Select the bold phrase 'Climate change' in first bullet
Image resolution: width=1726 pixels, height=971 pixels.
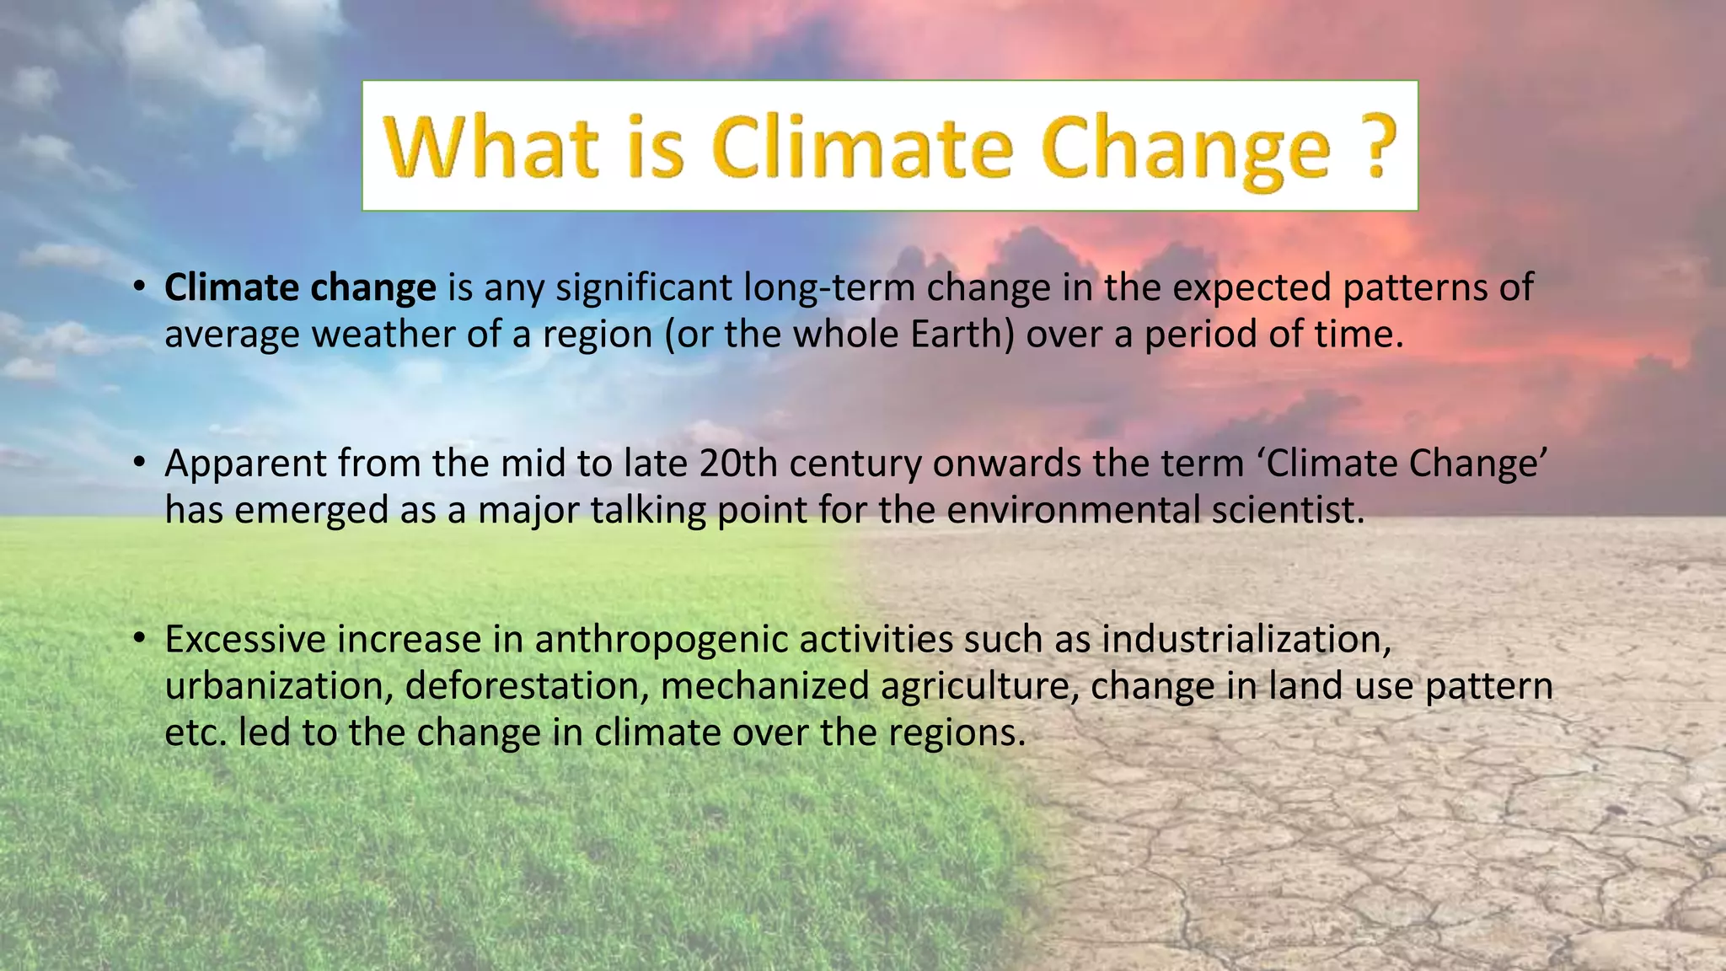click(x=300, y=287)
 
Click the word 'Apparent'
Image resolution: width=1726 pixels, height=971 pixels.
click(x=245, y=464)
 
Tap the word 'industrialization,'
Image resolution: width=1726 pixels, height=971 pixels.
click(x=1246, y=640)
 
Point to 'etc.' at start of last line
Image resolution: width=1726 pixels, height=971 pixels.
click(x=196, y=732)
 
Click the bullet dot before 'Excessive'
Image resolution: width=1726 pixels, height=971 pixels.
click(x=140, y=638)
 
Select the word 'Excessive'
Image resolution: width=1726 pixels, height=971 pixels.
click(x=245, y=640)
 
